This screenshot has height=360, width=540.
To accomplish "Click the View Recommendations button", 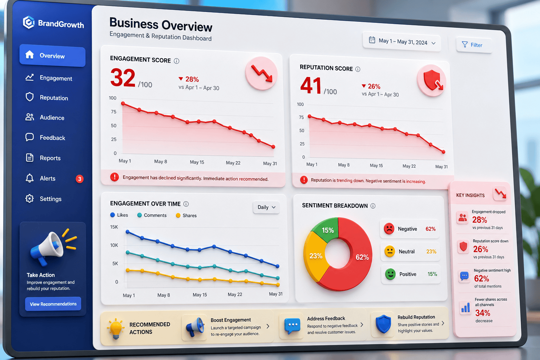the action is click(x=53, y=304).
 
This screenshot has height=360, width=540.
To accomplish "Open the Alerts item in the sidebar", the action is click(x=47, y=179).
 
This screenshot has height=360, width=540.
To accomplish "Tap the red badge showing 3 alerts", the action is click(x=79, y=179).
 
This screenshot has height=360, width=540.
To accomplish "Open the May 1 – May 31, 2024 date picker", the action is click(x=402, y=42).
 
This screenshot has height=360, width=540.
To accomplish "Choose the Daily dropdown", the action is click(x=266, y=207).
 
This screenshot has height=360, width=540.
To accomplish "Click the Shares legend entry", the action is click(x=186, y=215).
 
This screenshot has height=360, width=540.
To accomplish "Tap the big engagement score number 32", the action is click(x=123, y=78).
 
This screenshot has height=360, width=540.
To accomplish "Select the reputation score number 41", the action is click(x=310, y=85).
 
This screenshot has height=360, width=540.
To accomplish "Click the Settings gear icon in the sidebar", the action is click(x=30, y=198).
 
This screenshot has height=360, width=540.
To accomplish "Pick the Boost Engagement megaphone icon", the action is click(x=194, y=327).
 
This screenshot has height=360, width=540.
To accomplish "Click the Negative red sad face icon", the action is click(x=389, y=229).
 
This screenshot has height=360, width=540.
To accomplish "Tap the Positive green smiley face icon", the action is click(x=390, y=274).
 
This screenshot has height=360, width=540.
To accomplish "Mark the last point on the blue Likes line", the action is click(x=277, y=266).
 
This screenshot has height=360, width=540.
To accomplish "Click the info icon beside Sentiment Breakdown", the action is click(x=373, y=206).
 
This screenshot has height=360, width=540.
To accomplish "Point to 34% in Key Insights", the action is click(x=483, y=313).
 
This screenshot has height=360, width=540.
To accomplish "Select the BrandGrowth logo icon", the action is click(x=29, y=22).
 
